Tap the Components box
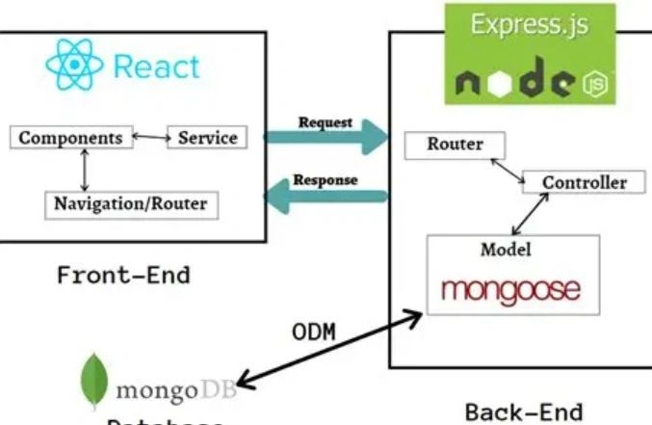(x=70, y=137)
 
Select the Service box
(x=207, y=137)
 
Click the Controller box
(x=584, y=181)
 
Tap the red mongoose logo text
(x=511, y=288)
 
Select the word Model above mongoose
(x=507, y=249)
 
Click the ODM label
(x=314, y=332)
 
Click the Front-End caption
(x=123, y=275)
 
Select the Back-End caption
(x=524, y=412)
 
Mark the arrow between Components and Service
(x=149, y=137)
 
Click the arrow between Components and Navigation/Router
(x=86, y=171)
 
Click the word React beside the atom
(x=156, y=66)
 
